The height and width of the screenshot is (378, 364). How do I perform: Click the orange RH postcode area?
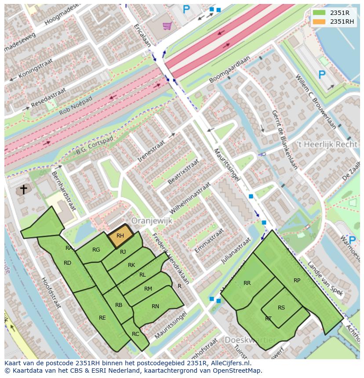pyautogui.click(x=120, y=236)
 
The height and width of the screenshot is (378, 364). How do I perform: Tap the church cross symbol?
pyautogui.click(x=23, y=190)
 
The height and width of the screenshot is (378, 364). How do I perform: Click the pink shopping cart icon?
pyautogui.click(x=167, y=26)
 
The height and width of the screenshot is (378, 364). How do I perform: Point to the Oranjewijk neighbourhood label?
pyautogui.click(x=152, y=221)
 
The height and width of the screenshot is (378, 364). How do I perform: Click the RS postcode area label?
pyautogui.click(x=281, y=307)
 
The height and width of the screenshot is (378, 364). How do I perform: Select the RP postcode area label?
pyautogui.click(x=297, y=280)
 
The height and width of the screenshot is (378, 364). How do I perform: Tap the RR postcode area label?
pyautogui.click(x=247, y=283)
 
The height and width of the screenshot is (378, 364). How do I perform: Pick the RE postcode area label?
pyautogui.click(x=102, y=317)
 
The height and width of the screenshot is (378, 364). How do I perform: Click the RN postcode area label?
pyautogui.click(x=155, y=306)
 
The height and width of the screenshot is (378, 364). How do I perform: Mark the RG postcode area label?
pyautogui.click(x=96, y=250)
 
